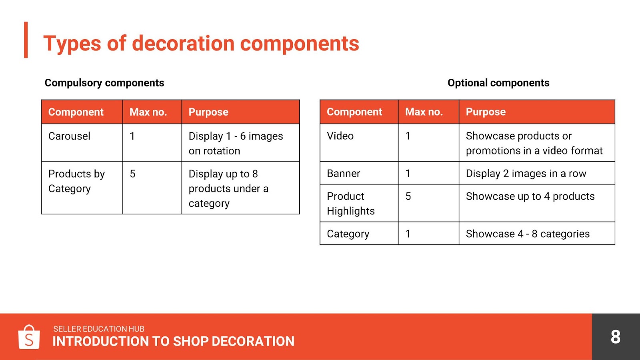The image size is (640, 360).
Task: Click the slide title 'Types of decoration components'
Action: (201, 44)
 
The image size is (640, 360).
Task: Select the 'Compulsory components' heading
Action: (104, 83)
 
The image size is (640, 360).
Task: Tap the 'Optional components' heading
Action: (498, 83)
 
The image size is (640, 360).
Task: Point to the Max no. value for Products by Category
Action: (132, 174)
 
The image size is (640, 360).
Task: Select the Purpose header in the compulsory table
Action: (208, 112)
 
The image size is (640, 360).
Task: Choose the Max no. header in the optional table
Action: (424, 112)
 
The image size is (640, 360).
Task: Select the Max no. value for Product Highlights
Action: (408, 196)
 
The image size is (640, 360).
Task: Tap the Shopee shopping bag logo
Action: (29, 337)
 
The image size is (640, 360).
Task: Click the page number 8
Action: (616, 337)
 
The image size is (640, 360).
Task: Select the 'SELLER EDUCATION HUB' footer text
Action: (98, 329)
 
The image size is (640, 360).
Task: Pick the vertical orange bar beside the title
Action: (26, 40)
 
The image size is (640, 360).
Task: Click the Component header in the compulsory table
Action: (76, 112)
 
